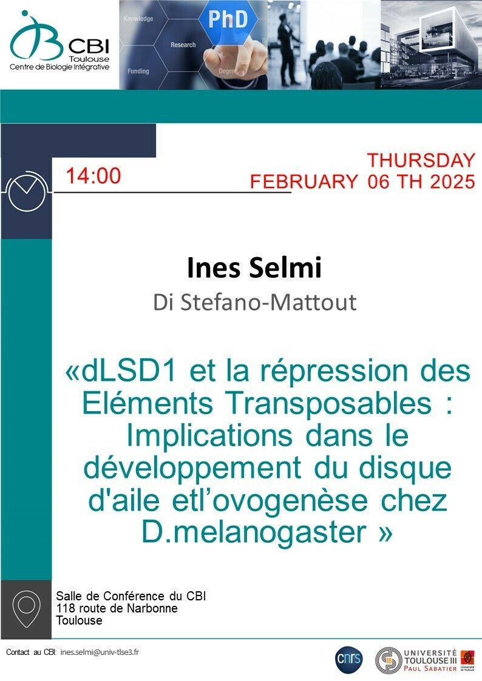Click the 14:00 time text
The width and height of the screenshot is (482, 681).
coord(93,176)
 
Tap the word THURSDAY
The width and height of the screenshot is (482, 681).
coord(421,160)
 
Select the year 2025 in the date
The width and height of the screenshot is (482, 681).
coord(452,181)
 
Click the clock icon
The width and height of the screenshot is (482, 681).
coord(27,192)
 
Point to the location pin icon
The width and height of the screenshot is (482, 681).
coord(27,608)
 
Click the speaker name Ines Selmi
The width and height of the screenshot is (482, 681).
coord(254,267)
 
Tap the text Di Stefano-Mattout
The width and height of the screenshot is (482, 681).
coord(255,302)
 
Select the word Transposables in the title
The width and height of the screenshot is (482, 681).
coord(329,403)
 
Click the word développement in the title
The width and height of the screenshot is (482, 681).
coord(192,468)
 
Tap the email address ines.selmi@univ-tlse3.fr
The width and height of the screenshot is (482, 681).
coord(100,652)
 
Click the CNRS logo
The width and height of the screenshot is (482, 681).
coord(349,660)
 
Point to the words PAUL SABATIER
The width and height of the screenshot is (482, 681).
coord(430,668)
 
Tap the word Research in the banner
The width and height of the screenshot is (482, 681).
coord(183,45)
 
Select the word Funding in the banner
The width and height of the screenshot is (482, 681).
coord(138,71)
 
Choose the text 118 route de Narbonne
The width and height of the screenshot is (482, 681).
coord(117,608)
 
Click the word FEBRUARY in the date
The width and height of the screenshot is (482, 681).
coord(304,181)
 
